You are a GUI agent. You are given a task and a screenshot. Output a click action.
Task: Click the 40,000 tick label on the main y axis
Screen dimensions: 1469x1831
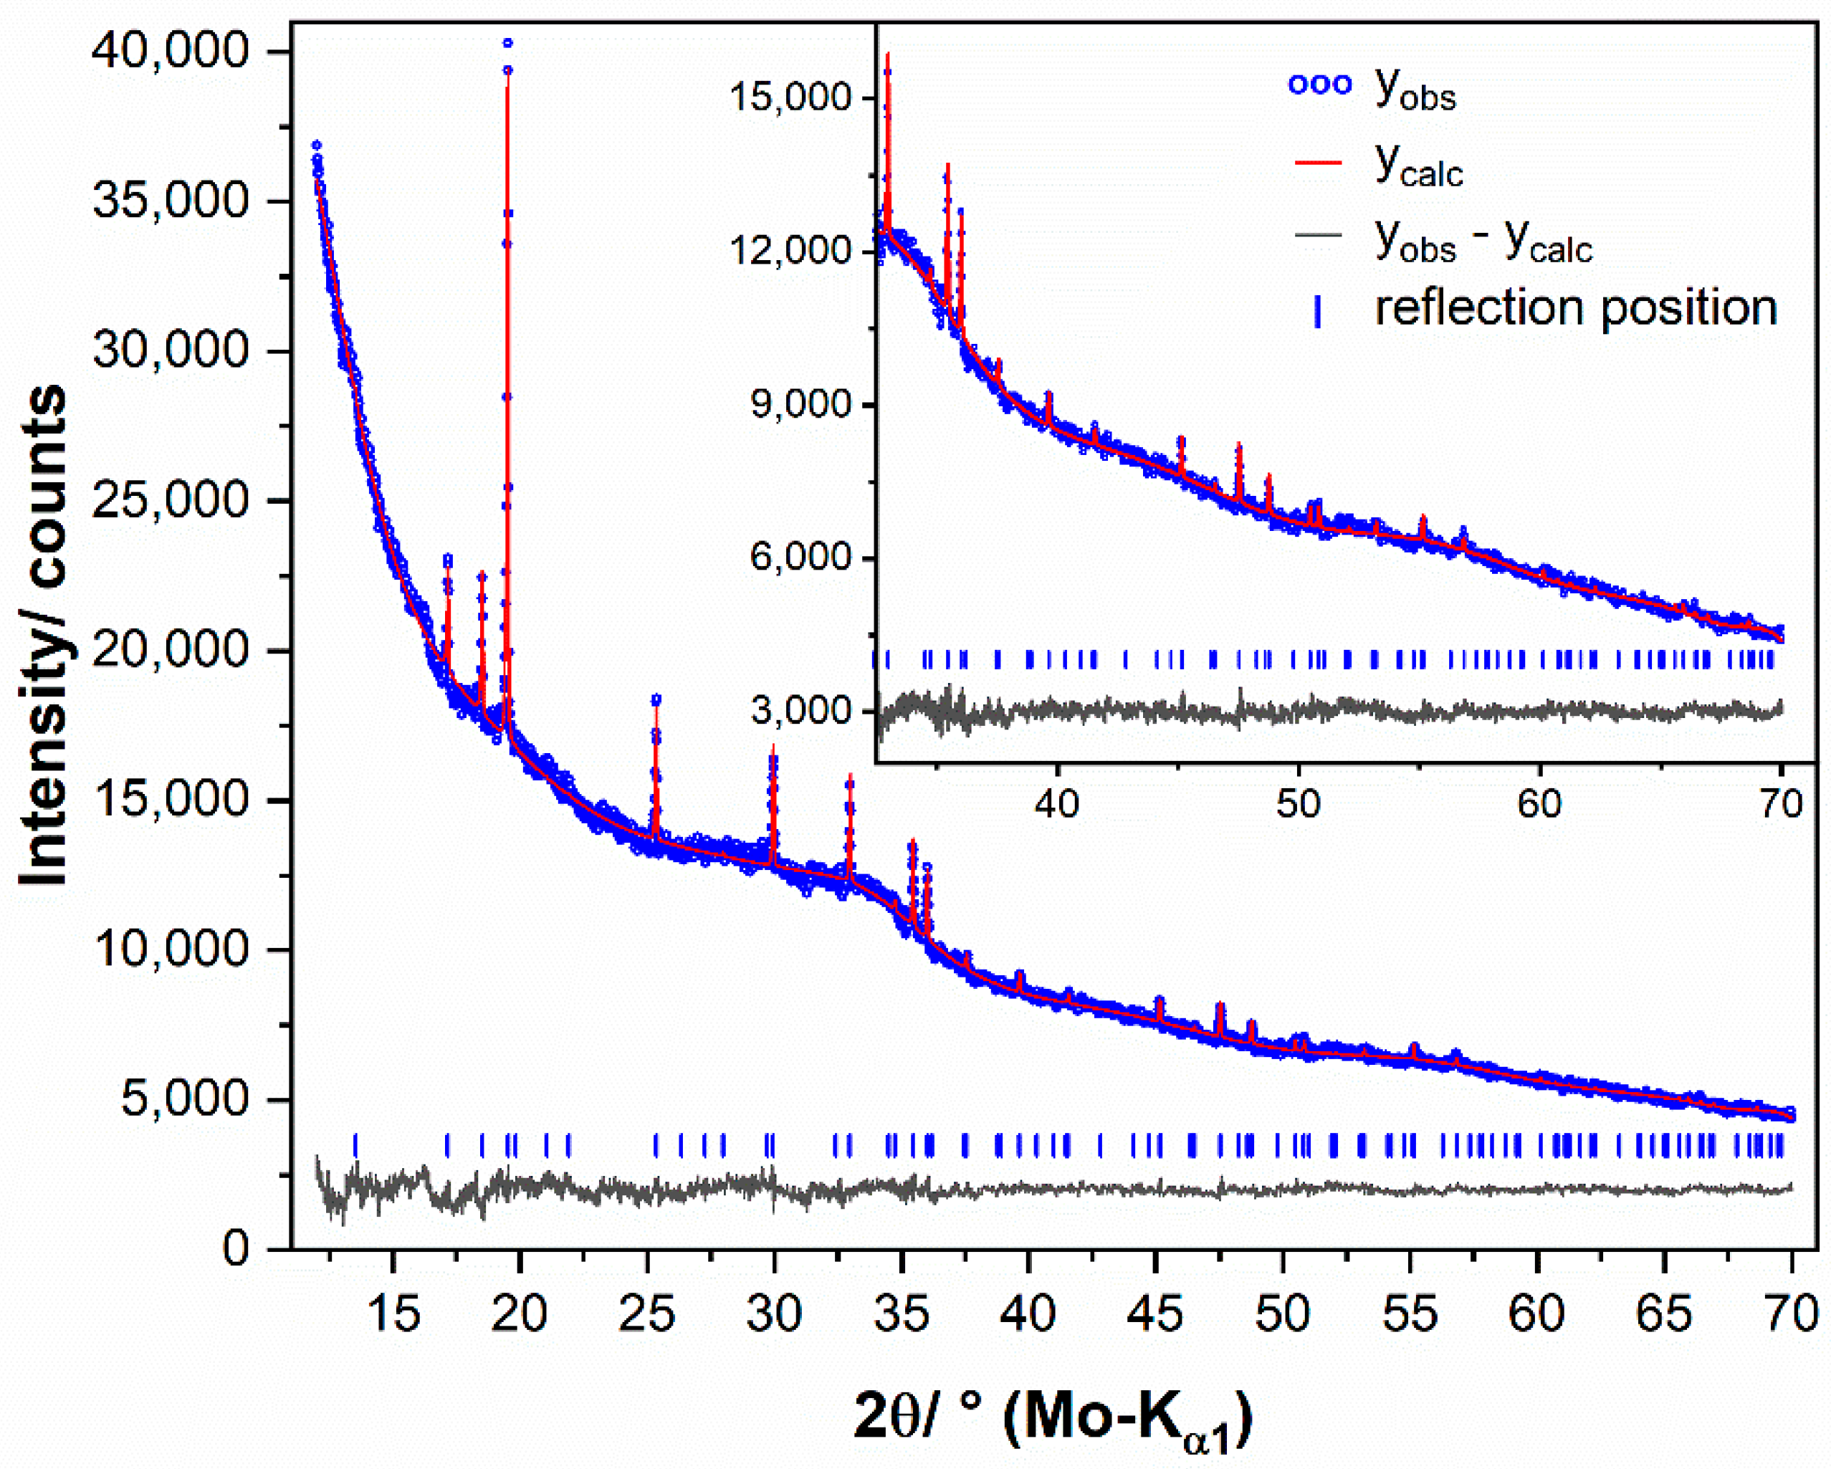[170, 50]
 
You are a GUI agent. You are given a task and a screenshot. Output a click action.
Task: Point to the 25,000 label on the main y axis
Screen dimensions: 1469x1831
[170, 499]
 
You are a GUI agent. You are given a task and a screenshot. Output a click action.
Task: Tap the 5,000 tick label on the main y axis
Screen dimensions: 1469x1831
[183, 1098]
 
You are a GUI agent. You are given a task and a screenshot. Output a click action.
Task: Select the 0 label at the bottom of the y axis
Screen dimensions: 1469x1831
[236, 1248]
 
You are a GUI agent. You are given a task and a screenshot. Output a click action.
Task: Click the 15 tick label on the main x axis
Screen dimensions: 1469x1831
[393, 1313]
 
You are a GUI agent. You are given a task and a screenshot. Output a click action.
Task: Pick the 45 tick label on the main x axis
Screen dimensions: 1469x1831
[1155, 1313]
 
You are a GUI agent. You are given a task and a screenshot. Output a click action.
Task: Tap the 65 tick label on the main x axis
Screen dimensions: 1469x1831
[1664, 1313]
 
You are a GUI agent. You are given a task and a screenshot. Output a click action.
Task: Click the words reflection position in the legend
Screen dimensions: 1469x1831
[1575, 307]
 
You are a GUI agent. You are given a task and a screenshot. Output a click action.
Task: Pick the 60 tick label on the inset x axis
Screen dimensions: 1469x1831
[1539, 803]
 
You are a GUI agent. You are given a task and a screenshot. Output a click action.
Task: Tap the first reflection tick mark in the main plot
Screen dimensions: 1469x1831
[355, 1146]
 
